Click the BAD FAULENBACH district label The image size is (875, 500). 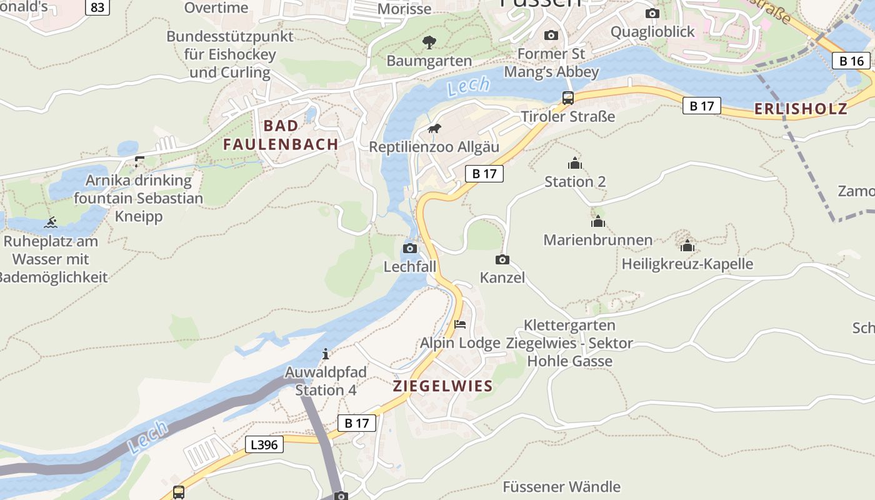[281, 135]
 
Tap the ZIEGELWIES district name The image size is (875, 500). [442, 386]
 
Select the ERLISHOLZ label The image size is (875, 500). [801, 109]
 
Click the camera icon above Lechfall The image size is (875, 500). [410, 248]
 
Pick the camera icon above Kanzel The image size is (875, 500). [502, 259]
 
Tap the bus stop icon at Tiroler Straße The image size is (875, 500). [567, 97]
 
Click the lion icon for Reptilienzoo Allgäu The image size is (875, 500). [434, 129]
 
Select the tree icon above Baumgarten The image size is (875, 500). [429, 42]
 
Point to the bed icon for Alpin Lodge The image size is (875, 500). [460, 324]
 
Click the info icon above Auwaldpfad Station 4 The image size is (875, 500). [325, 354]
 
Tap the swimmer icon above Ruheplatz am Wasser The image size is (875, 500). [51, 222]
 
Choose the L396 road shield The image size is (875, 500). [264, 444]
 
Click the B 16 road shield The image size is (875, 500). [851, 61]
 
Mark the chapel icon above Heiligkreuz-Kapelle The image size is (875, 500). [687, 246]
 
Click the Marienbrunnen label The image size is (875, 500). [597, 240]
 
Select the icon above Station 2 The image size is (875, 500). [574, 164]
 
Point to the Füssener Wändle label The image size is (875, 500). [561, 487]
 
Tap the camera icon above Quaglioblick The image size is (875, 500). [652, 13]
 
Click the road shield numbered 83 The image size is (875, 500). [97, 7]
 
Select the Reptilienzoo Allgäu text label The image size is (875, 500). [434, 147]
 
